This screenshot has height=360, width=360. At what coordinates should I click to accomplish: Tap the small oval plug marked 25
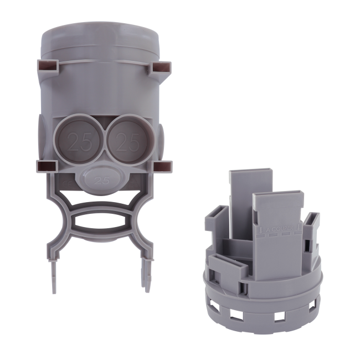[101, 178]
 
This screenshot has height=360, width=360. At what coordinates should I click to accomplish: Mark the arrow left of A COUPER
[259, 229]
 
